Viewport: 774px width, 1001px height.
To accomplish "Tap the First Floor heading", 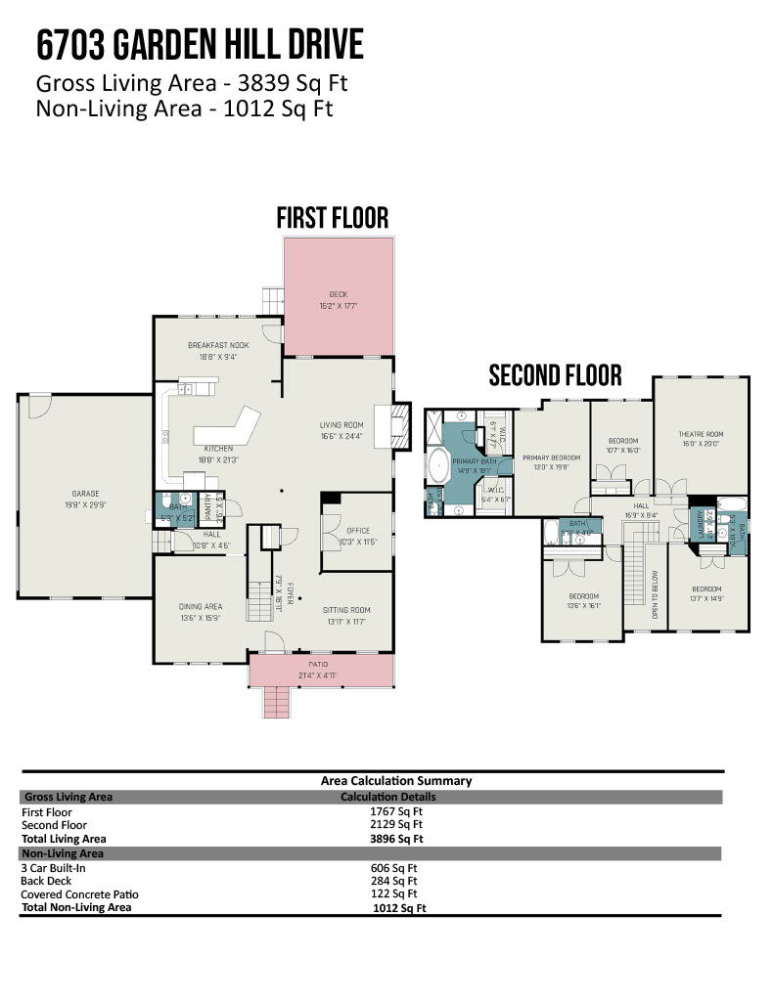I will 332,217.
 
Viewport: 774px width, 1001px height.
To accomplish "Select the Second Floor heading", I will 555,375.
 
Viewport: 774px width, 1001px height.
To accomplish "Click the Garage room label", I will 84,494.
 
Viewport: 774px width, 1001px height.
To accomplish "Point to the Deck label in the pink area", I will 338,294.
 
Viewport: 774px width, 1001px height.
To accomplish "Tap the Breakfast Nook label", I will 217,345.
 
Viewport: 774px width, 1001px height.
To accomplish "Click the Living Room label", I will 341,424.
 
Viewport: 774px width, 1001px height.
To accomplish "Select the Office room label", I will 357,531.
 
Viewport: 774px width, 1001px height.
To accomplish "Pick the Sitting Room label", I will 347,610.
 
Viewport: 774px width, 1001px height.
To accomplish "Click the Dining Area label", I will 200,606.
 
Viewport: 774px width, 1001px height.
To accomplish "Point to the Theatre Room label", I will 701,434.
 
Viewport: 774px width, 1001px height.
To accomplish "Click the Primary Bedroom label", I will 551,457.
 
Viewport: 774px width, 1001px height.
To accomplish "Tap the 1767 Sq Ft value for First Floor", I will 396,811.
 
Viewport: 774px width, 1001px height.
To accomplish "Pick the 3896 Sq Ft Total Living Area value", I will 396,838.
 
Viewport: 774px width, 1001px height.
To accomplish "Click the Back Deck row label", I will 47,881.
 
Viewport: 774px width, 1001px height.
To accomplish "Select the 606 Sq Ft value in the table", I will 396,868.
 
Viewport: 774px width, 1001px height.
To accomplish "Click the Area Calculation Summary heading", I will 395,780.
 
